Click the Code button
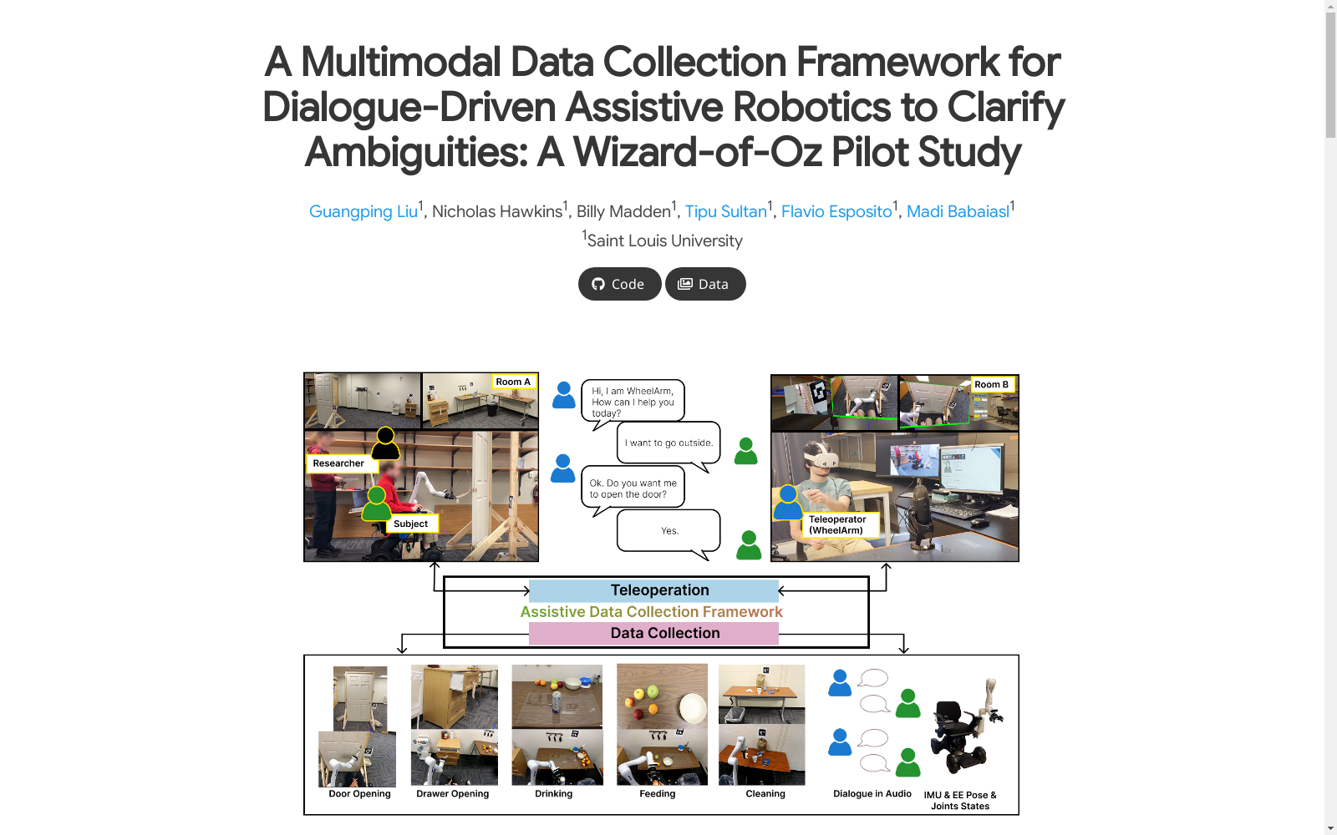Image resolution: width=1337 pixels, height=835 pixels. pos(619,284)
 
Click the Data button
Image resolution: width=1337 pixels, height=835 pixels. pos(705,284)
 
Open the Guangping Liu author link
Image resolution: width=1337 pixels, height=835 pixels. pos(363,212)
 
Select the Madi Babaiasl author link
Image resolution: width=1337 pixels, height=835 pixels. pos(958,212)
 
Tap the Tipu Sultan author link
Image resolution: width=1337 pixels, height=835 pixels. pos(725,212)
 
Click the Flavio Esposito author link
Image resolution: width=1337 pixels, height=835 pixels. pos(836,212)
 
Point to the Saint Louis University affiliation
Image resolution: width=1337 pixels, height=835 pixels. pos(664,241)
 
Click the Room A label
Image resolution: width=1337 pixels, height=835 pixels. pos(513,382)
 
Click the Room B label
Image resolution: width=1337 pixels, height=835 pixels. pos(991,385)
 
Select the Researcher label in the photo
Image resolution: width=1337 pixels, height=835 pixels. pos(338,463)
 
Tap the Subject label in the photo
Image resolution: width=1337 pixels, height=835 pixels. pos(410,524)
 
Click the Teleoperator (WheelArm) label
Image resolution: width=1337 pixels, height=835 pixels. pos(838,525)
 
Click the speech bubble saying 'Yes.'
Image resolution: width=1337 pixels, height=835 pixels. pos(668,531)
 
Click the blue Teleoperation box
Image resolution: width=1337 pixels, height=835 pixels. pos(653,590)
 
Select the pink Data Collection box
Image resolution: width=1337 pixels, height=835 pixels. pos(653,634)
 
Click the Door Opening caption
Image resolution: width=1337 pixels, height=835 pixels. pos(359,794)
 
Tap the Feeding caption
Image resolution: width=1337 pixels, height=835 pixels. pos(657,794)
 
